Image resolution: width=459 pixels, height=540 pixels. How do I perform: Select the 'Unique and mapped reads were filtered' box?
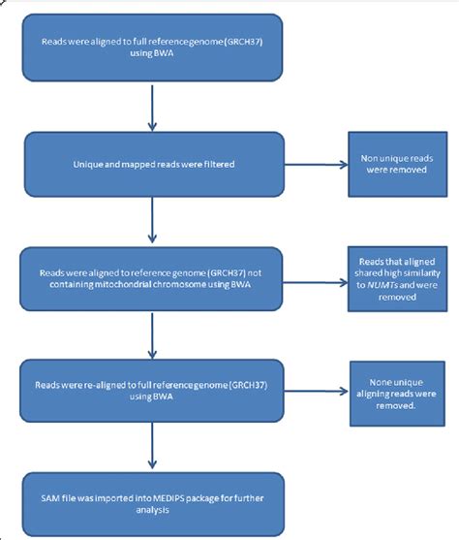(x=153, y=166)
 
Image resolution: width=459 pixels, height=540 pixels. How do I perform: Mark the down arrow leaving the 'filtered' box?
(x=153, y=221)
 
